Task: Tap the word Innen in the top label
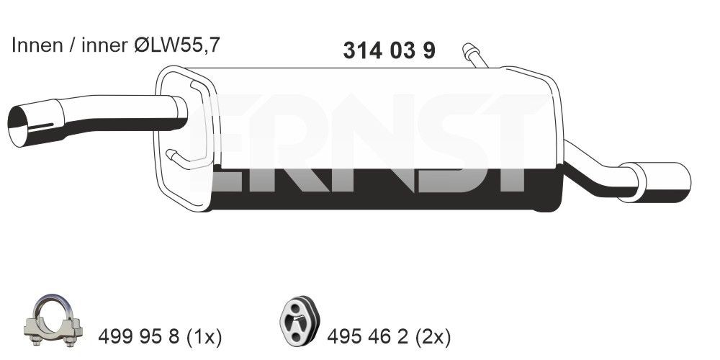[35, 45]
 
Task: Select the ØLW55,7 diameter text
[177, 45]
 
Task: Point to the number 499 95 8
[138, 336]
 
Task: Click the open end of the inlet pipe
[24, 127]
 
